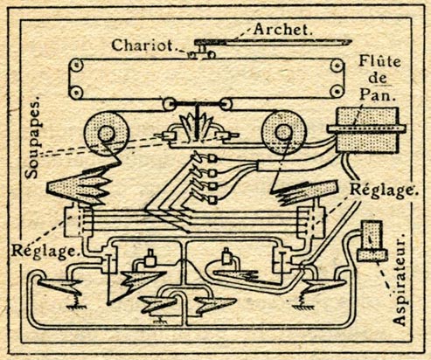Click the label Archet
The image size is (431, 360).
282,29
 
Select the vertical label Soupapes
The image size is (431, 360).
32,140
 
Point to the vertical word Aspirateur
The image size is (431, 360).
399,279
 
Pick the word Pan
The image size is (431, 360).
378,94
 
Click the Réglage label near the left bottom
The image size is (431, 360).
45,251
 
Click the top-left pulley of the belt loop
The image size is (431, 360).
76,66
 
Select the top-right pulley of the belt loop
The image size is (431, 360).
337,66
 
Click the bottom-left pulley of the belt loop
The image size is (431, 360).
76,93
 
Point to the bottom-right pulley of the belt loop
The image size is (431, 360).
337,91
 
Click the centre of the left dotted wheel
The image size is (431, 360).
106,134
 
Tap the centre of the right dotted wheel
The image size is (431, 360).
283,133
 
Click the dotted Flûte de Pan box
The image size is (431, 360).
367,130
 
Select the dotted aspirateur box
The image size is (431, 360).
372,240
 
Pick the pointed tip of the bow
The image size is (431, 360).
351,41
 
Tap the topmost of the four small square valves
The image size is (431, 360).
213,158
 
